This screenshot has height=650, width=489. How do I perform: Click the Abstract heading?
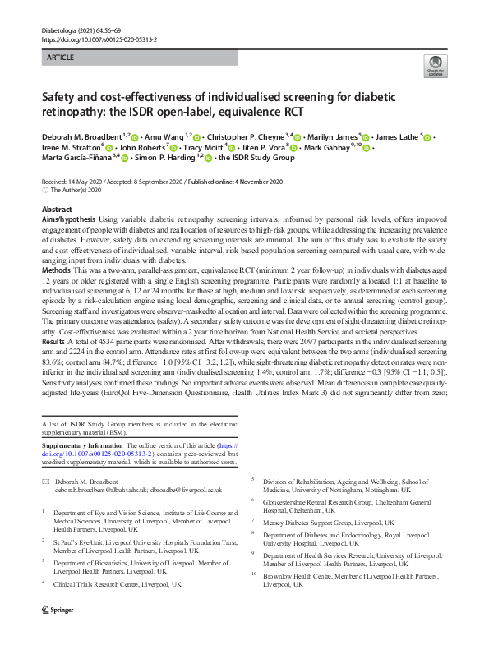click(x=57, y=210)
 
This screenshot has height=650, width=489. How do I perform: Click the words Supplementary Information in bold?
click(x=81, y=445)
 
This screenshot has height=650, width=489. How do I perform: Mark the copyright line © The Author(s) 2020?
click(x=73, y=189)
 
